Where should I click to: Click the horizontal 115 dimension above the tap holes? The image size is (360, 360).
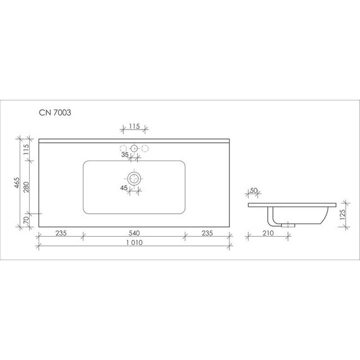click(134, 126)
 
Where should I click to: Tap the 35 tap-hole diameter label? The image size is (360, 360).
click(124, 154)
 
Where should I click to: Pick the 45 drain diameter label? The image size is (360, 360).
click(124, 188)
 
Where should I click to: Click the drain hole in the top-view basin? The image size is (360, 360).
click(134, 179)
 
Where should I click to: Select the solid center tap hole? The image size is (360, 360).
click(134, 148)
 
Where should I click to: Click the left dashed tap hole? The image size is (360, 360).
click(123, 148)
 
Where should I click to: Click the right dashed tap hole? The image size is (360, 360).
click(145, 148)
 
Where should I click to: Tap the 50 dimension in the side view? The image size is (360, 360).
click(254, 191)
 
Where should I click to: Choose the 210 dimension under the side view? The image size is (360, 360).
click(267, 232)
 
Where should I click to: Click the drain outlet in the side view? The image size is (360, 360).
click(290, 224)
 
